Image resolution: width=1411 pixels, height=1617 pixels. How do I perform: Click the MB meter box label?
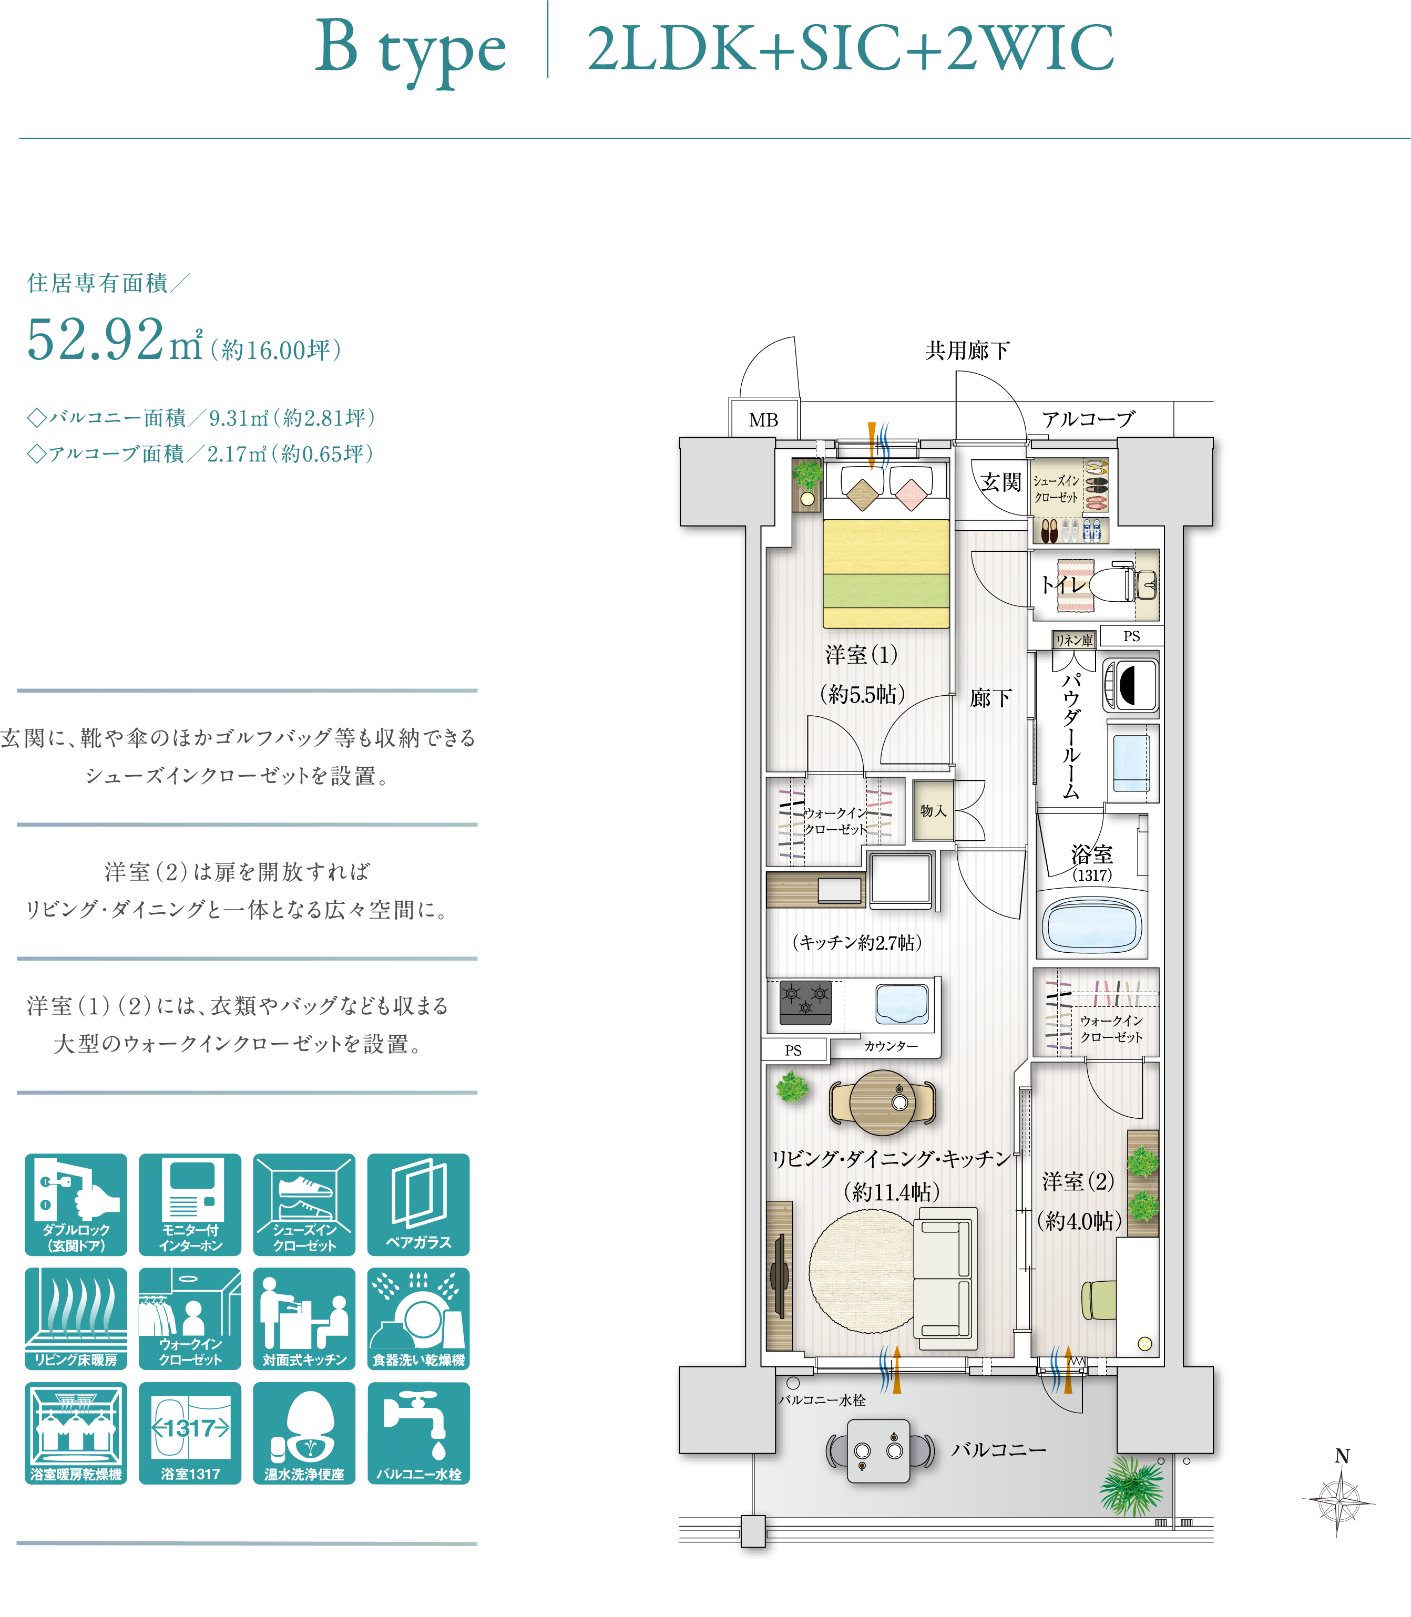pos(763,419)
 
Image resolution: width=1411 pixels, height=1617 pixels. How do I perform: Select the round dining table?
pos(883,1102)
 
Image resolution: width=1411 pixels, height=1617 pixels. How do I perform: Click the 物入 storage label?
pos(933,811)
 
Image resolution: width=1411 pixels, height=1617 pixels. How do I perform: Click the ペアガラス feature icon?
pos(418,1204)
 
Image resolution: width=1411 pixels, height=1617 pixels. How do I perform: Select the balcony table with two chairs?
pos(879,1451)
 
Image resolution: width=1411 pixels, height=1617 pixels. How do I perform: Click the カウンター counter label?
pos(891,1045)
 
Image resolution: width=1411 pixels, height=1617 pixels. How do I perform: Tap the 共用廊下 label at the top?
pos(967,351)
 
